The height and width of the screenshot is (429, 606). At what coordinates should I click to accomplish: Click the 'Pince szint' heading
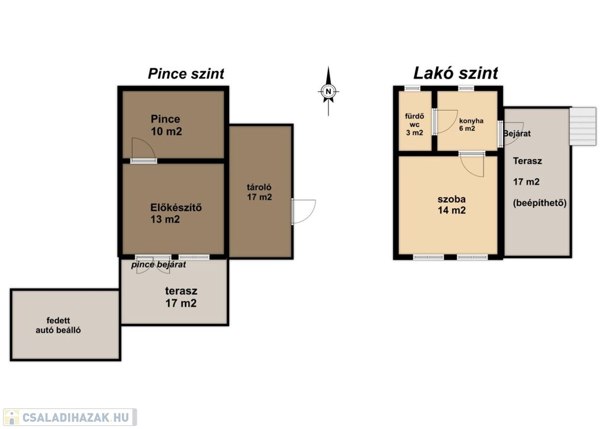pos(186,74)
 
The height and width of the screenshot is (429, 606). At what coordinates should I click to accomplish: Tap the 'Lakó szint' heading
pos(456,73)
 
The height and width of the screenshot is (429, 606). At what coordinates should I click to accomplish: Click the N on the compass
pos(328,92)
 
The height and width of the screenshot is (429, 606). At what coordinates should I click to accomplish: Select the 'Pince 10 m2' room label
pos(166,125)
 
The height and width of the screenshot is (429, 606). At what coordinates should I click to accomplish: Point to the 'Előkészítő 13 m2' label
pos(176,213)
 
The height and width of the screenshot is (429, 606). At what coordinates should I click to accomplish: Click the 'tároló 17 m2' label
pos(259,192)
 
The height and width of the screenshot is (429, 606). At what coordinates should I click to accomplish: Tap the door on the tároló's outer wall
pos(304,211)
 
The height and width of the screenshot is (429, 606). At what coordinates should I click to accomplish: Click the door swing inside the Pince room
pos(143,150)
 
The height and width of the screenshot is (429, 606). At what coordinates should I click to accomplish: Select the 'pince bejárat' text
pos(159,265)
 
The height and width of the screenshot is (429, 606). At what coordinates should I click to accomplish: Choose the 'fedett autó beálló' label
pos(58,325)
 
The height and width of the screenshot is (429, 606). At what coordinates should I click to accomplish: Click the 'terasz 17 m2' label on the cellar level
pos(181,296)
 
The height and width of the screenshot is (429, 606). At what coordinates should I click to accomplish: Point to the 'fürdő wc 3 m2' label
pos(414,124)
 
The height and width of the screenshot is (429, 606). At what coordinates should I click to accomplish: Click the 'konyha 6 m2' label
pos(471,124)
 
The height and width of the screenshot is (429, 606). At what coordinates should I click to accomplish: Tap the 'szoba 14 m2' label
pos(452,205)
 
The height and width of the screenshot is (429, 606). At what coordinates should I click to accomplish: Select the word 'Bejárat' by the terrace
pos(517,134)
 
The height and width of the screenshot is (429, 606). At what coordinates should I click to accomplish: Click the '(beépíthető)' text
pos(540,203)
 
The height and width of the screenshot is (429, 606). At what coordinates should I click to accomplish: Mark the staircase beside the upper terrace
pos(583,127)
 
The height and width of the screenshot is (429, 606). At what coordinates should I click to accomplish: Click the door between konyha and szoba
pos(472,164)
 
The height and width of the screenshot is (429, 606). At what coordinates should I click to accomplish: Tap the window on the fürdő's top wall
pos(412,89)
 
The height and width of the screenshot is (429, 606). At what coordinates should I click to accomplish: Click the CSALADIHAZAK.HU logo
pos(70,417)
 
